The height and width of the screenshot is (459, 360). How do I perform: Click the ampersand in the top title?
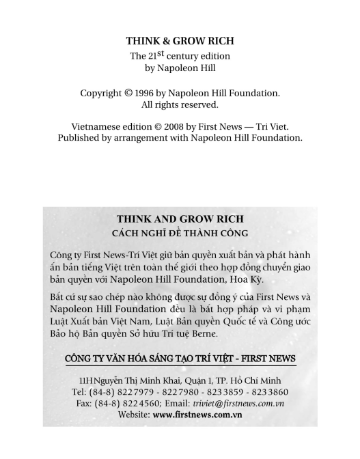pyautogui.click(x=167, y=41)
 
